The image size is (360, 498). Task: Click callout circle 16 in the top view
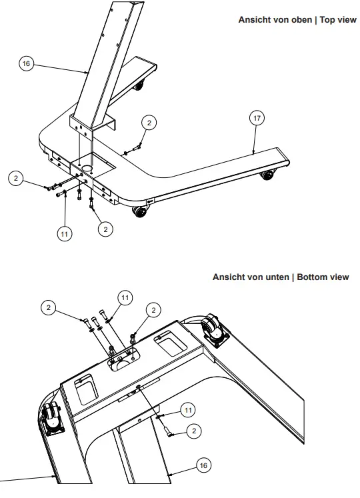(x=26, y=63)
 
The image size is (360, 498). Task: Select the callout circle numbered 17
(x=257, y=118)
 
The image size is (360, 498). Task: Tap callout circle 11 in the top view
(x=64, y=234)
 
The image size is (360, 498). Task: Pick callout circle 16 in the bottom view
(x=203, y=465)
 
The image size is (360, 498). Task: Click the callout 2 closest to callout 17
(x=149, y=122)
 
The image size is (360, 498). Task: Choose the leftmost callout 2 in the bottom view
(x=48, y=307)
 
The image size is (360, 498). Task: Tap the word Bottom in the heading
(x=312, y=277)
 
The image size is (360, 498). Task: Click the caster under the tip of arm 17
(x=267, y=175)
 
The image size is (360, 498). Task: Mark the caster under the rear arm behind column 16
(x=139, y=84)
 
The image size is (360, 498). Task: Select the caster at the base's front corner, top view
(x=139, y=212)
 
